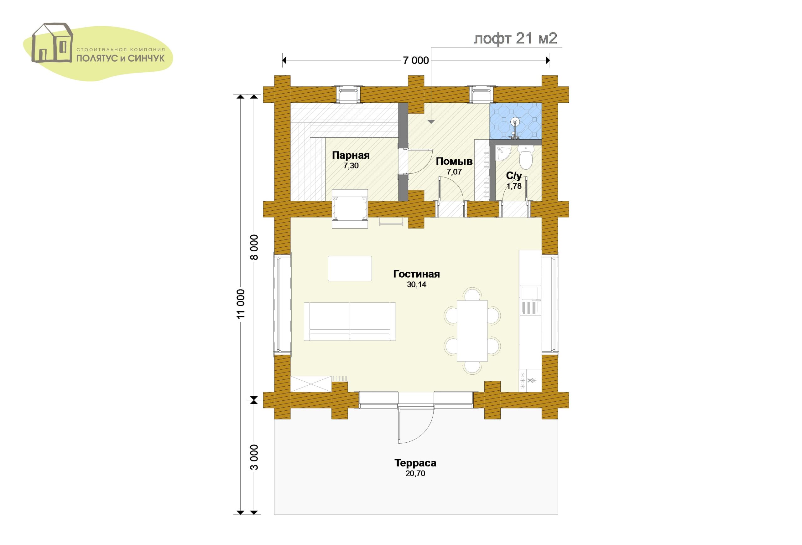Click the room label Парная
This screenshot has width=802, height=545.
[351, 156]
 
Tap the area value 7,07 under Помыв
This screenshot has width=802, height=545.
[454, 172]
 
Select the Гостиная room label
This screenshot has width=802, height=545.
[416, 274]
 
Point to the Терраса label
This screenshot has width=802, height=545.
[415, 463]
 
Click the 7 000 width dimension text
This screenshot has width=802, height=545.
[416, 61]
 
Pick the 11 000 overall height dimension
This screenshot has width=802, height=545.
[241, 303]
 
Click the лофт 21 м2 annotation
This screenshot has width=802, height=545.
[515, 39]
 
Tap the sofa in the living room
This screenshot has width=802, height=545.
[350, 321]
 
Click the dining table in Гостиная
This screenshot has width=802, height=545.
[472, 330]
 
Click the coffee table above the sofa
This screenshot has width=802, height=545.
[350, 269]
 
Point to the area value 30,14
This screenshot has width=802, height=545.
[417, 285]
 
